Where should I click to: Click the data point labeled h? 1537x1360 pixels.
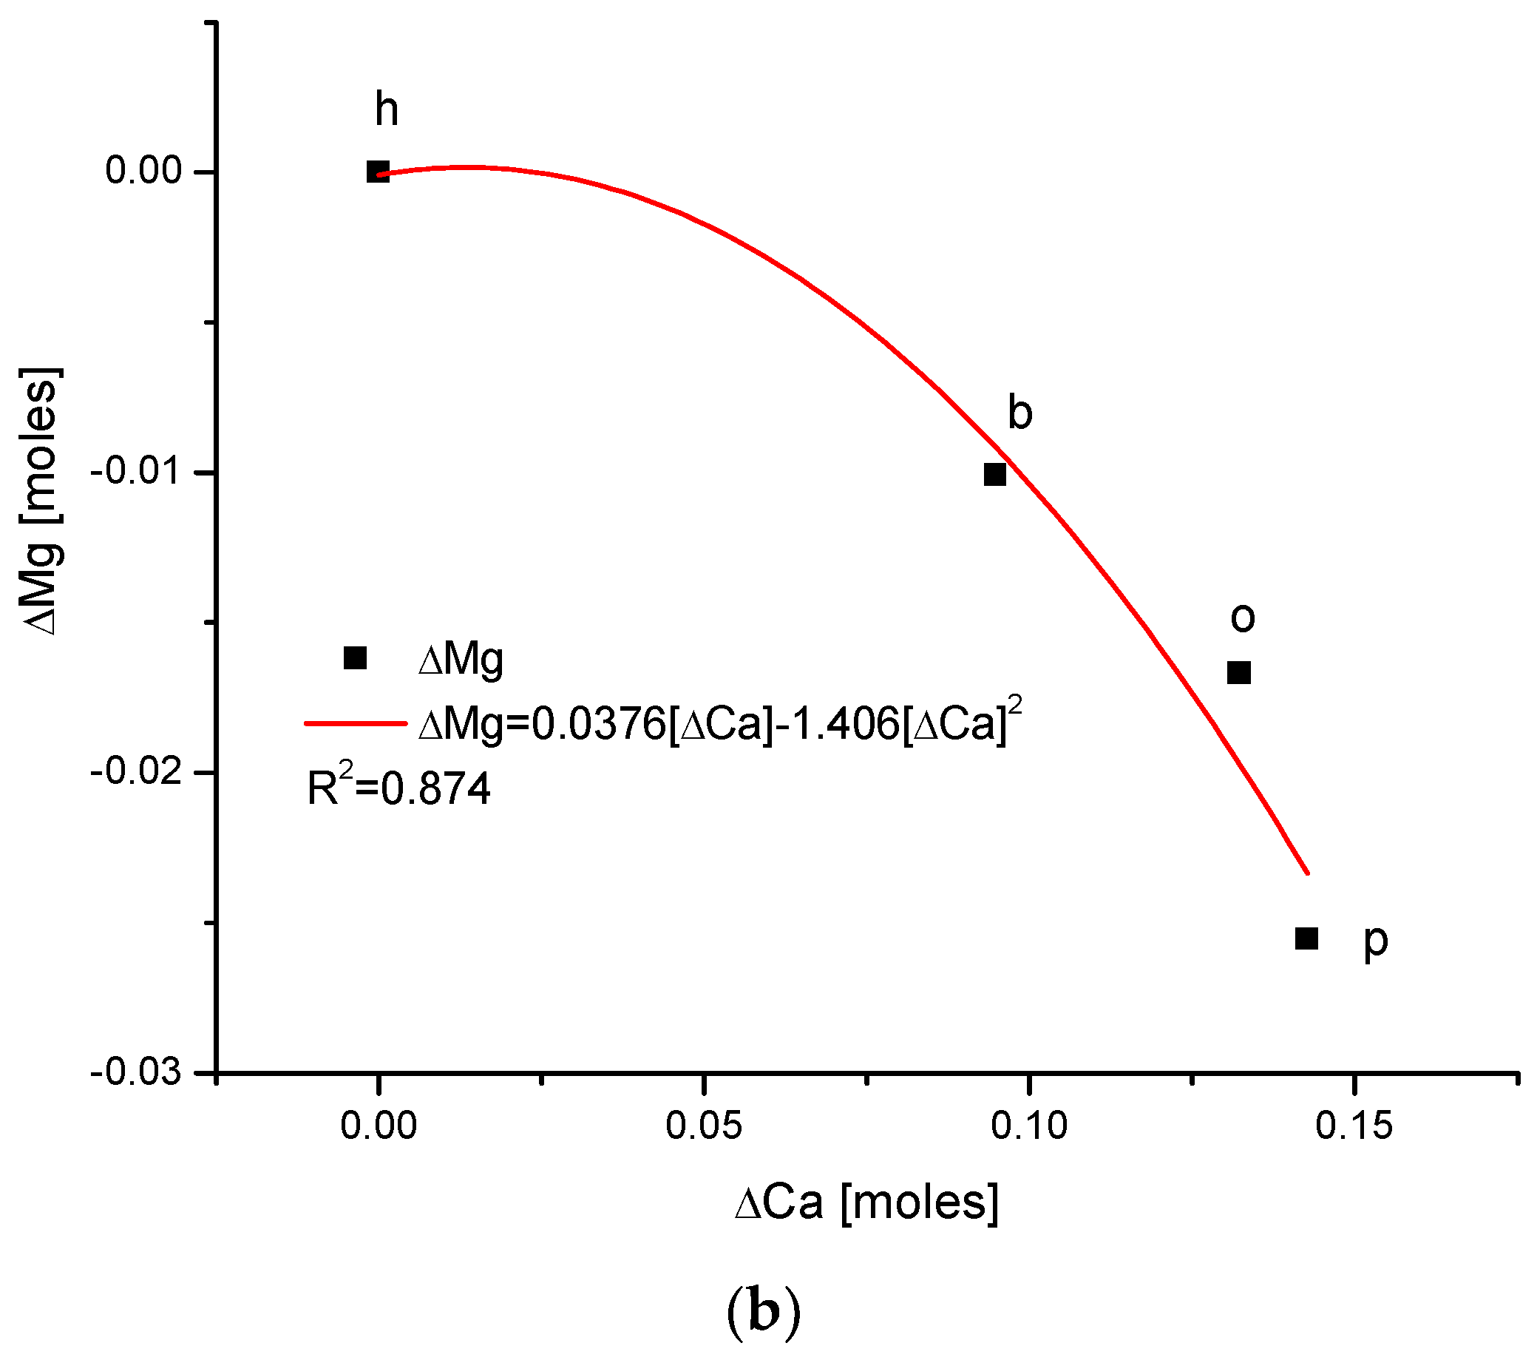click(378, 172)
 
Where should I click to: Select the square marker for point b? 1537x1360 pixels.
click(994, 475)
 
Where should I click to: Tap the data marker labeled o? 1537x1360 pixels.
click(1238, 672)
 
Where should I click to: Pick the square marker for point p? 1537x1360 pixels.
click(1306, 938)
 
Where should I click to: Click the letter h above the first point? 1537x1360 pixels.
click(387, 110)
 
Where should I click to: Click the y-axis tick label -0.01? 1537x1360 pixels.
click(136, 473)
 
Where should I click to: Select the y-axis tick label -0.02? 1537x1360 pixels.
click(136, 773)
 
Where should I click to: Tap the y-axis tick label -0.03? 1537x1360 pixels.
click(136, 1072)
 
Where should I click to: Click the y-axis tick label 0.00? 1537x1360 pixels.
click(144, 171)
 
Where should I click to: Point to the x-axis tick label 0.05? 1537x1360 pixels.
click(704, 1127)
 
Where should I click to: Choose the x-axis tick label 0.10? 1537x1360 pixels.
click(1028, 1127)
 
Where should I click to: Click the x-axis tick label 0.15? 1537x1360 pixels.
click(1354, 1127)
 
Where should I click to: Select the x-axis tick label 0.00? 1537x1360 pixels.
click(379, 1127)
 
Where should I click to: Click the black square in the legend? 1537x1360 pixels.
click(355, 658)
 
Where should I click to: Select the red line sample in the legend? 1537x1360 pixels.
click(355, 723)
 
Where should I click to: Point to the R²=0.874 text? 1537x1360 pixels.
click(398, 788)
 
